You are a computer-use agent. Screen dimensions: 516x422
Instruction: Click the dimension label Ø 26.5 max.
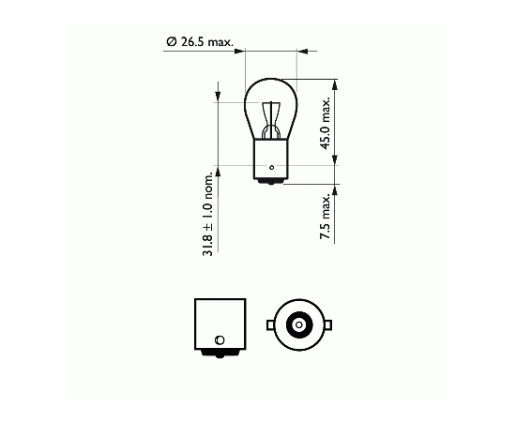pos(200,42)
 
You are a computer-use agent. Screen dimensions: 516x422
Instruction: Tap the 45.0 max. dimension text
pos(326,124)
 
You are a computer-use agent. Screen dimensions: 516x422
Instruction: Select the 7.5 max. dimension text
pos(326,217)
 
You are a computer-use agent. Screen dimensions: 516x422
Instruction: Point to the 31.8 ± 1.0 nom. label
pos(208,214)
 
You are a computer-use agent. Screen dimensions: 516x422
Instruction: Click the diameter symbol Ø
pos(172,42)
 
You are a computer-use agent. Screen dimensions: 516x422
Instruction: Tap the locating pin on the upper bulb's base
pos(272,168)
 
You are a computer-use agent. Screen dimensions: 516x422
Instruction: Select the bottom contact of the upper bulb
pos(271,182)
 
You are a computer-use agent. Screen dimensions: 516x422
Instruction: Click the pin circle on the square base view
pos(220,339)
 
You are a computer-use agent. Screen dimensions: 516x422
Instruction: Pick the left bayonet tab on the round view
pos(270,325)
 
